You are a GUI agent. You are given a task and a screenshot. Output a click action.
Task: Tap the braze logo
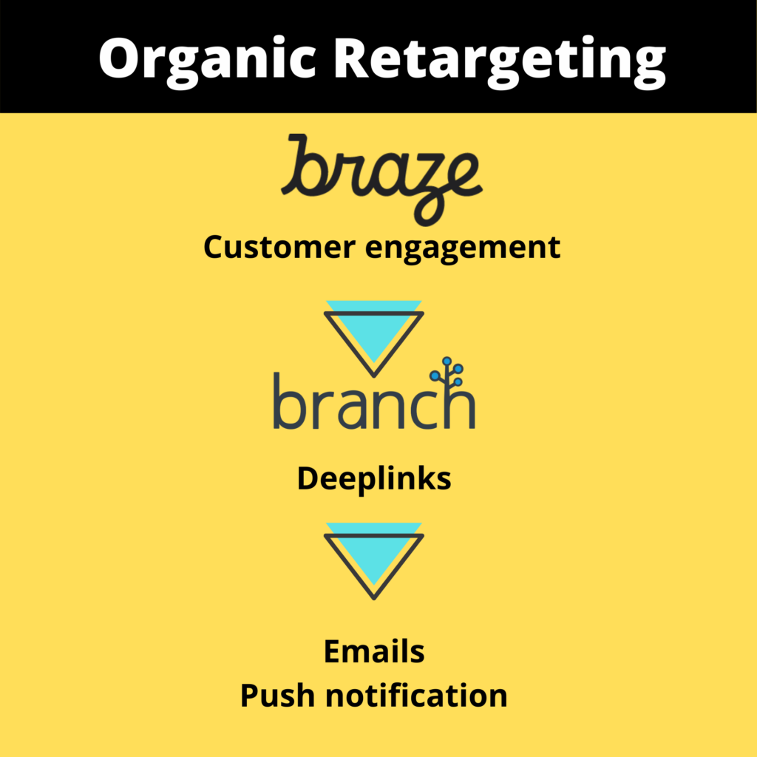pyautogui.click(x=381, y=178)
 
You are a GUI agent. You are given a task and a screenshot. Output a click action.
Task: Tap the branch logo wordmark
pyautogui.click(x=373, y=403)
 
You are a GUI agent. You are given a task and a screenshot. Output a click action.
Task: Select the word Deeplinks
pyautogui.click(x=374, y=479)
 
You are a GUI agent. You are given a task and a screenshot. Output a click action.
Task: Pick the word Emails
pyautogui.click(x=374, y=651)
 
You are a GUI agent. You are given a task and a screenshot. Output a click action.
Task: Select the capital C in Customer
pyautogui.click(x=214, y=247)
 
